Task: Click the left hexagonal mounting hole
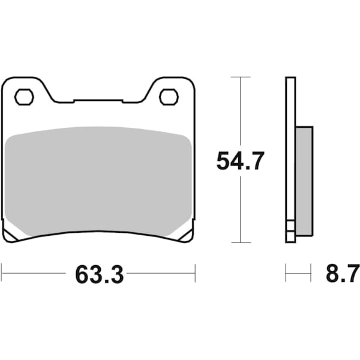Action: [24, 96]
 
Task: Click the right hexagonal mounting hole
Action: [168, 96]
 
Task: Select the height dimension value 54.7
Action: [240, 161]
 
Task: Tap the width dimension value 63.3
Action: [99, 275]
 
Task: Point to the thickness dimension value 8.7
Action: [338, 275]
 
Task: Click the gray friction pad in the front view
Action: [98, 180]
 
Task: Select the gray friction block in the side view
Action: [304, 180]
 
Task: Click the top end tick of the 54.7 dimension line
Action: [240, 77]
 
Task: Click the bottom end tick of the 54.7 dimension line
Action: [240, 242]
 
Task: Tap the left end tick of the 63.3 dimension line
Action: [1, 275]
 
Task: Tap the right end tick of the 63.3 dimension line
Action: [195, 275]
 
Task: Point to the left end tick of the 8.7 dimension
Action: [286, 275]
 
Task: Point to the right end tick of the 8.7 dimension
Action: [311, 275]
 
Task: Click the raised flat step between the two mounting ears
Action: [98, 101]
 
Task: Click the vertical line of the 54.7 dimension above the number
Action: [240, 114]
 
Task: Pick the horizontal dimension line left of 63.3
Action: [33, 275]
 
